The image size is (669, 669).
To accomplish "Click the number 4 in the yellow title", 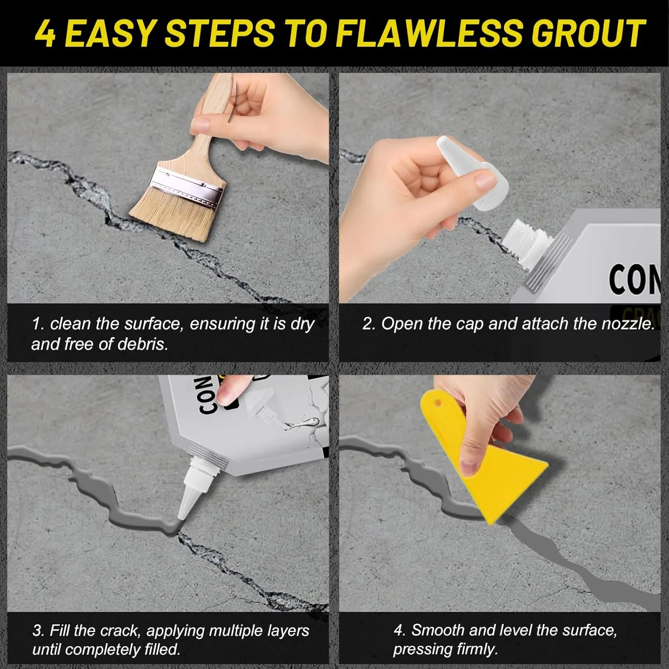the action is point(45,33).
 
